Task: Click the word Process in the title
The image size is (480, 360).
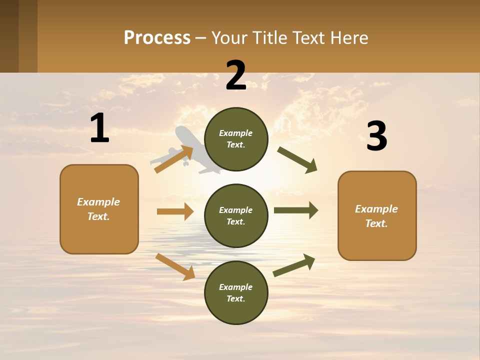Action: pyautogui.click(x=157, y=38)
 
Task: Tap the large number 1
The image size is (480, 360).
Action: pyautogui.click(x=99, y=128)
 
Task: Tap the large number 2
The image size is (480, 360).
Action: pyautogui.click(x=236, y=75)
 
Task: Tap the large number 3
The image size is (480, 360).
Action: pyautogui.click(x=376, y=136)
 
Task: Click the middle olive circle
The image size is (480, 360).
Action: pyautogui.click(x=236, y=215)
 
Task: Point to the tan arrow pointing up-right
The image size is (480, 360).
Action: pyautogui.click(x=174, y=159)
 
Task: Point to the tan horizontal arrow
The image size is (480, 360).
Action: pyautogui.click(x=175, y=211)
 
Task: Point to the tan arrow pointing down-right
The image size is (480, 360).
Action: pyautogui.click(x=175, y=266)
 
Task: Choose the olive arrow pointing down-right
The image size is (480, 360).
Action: pyautogui.click(x=297, y=160)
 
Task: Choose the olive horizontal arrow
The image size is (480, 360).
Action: pyautogui.click(x=296, y=210)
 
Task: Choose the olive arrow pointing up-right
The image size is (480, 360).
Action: pyautogui.click(x=294, y=265)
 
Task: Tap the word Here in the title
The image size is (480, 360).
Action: pyautogui.click(x=349, y=38)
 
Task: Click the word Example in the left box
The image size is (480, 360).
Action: pyautogui.click(x=98, y=202)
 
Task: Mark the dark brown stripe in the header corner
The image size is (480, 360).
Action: pyautogui.click(x=9, y=36)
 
